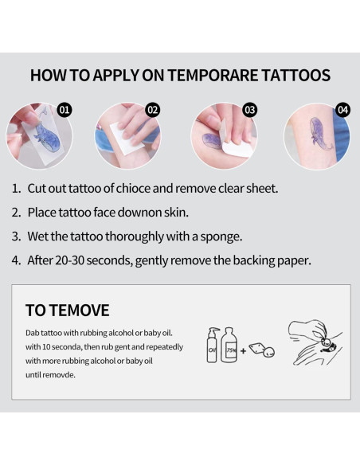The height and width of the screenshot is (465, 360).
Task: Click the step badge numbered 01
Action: [66, 109]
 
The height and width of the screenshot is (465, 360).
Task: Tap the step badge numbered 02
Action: [154, 109]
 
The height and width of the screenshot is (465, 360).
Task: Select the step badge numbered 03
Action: [249, 109]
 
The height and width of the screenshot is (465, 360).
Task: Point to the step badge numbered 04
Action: [343, 109]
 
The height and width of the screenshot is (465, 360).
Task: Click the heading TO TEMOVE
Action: [67, 310]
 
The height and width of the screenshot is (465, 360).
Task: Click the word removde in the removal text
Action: [60, 373]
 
